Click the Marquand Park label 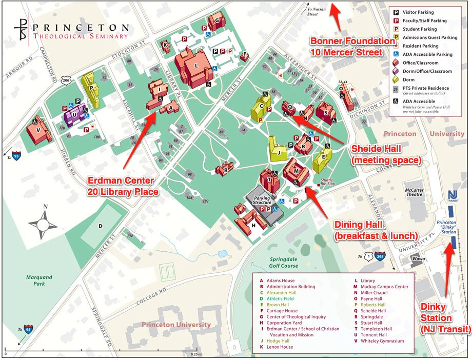[x=40, y=280]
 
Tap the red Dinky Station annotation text [x=445, y=317]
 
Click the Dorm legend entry [x=411, y=79]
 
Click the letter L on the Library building [x=196, y=66]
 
